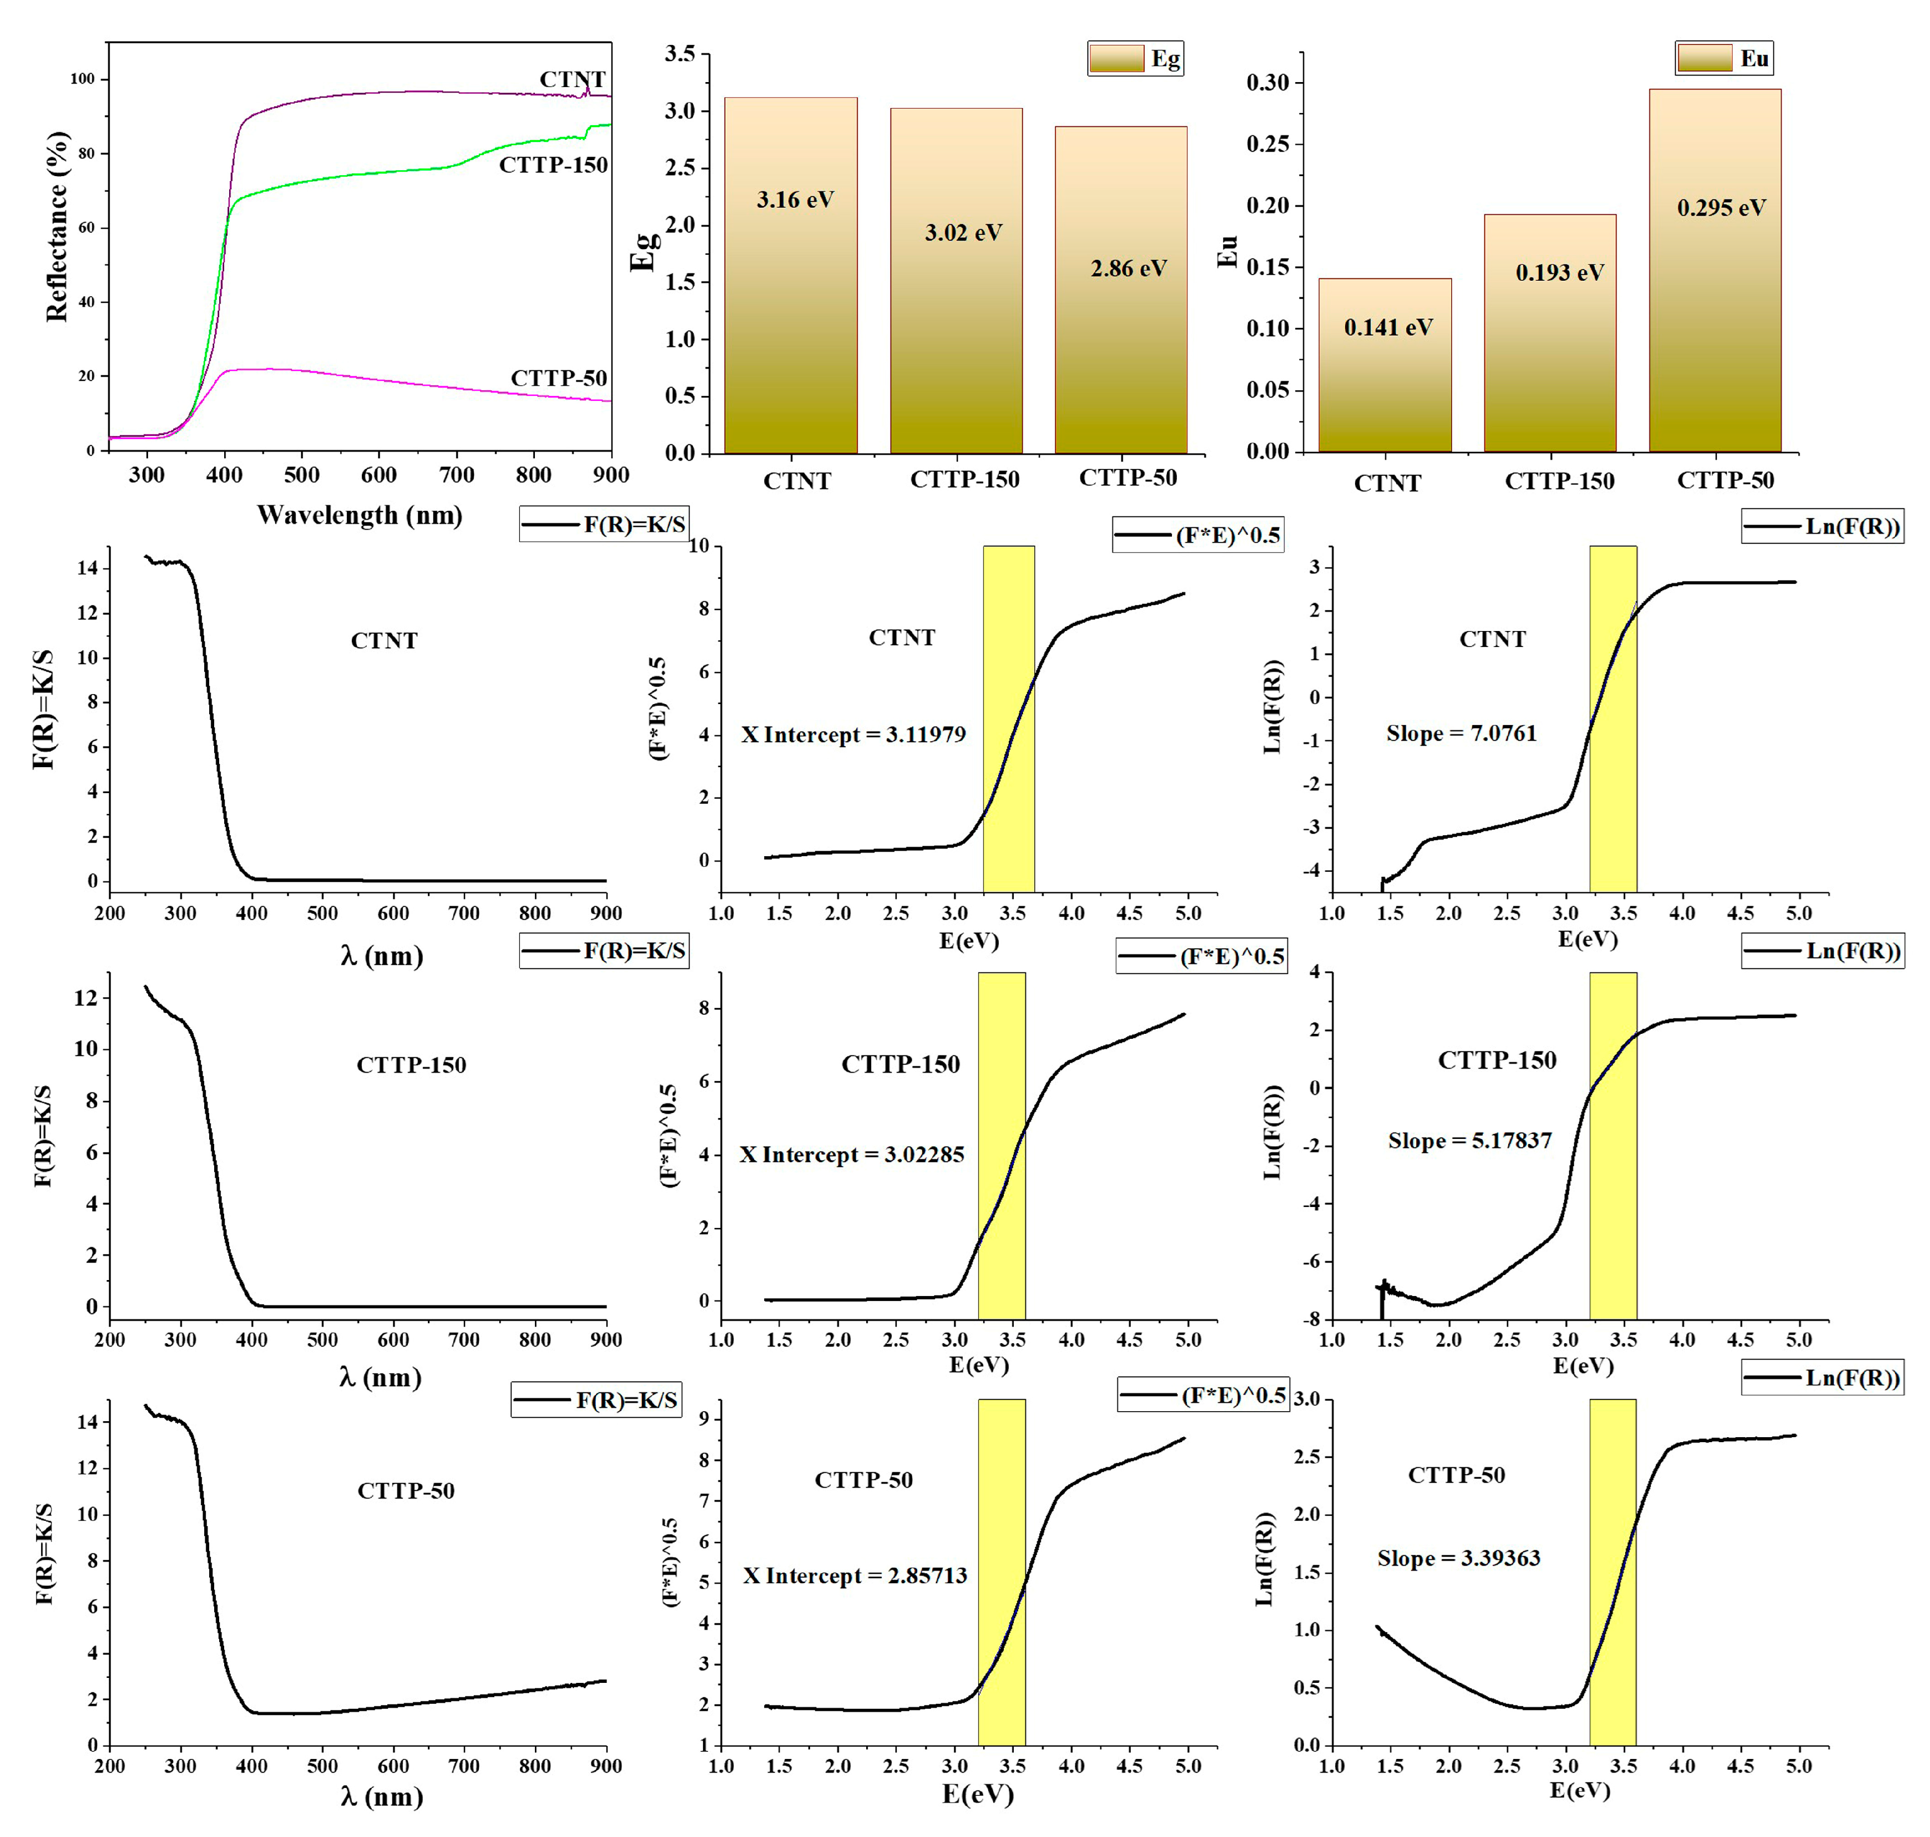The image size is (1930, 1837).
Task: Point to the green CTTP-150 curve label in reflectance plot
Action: click(553, 165)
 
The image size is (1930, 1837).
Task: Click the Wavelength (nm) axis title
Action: click(359, 515)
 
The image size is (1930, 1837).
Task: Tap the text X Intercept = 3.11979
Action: click(853, 735)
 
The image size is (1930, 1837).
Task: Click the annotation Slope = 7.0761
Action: click(1461, 734)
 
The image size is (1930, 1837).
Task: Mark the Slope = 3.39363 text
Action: click(1458, 1558)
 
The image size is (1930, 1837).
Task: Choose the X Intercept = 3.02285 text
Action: click(851, 1154)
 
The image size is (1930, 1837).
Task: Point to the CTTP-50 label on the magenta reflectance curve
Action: click(558, 378)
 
